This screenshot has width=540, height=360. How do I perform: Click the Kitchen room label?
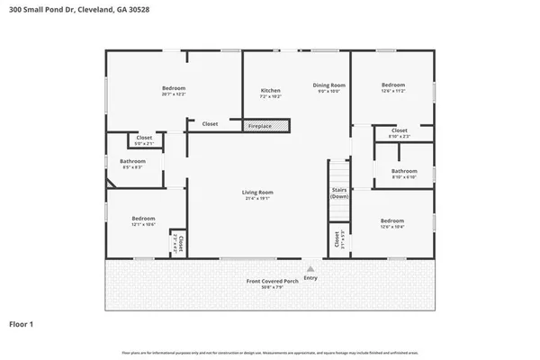[271, 91]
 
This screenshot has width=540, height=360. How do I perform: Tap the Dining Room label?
[328, 85]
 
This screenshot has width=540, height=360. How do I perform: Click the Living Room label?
[257, 192]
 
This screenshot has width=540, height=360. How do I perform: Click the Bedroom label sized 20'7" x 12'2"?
[174, 88]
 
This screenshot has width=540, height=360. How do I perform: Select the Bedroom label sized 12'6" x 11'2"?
[393, 85]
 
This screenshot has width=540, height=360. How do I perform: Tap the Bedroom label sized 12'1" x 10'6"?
[144, 219]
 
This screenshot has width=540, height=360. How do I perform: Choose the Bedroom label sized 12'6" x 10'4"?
[392, 220]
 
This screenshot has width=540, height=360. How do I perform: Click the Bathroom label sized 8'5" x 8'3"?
[133, 161]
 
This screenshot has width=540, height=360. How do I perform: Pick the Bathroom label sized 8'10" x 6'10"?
[404, 170]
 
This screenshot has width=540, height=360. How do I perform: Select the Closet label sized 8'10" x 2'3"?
[400, 130]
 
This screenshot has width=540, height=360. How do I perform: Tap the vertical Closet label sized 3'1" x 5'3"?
[337, 240]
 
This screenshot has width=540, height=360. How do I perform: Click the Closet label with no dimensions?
[210, 123]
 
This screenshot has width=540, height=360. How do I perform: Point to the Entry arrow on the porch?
[310, 268]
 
